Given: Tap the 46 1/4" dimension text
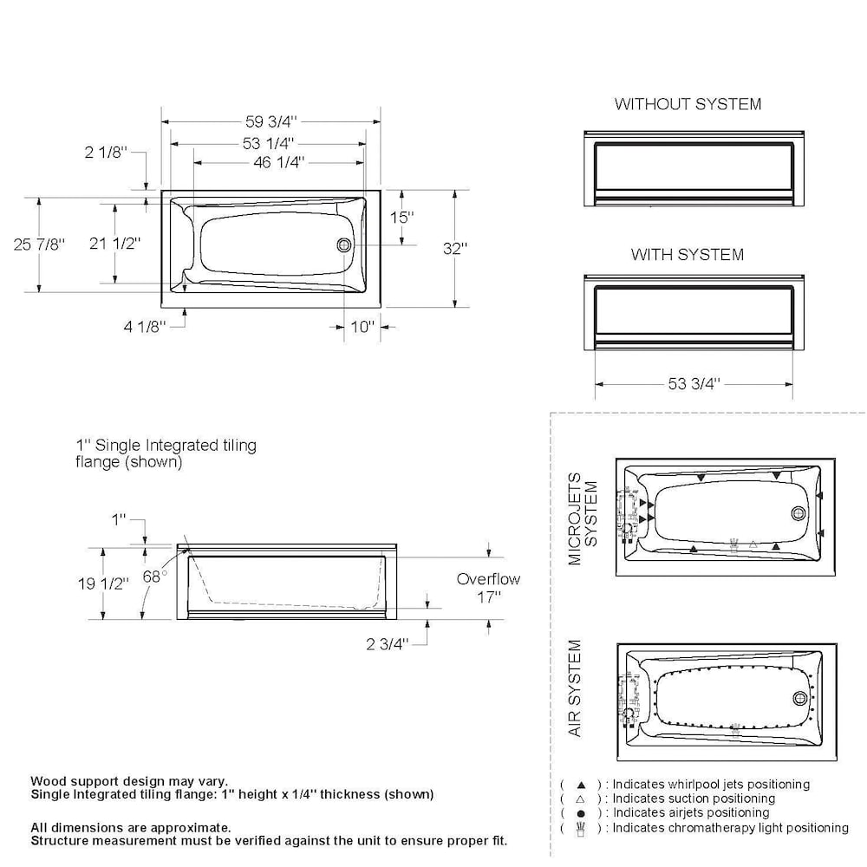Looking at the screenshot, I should point(272,162).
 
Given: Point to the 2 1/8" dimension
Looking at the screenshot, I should point(106,153).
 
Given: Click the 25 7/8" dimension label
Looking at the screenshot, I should point(39,244).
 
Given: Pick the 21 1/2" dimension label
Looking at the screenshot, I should point(115,244).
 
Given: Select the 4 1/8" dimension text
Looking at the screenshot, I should point(144,326).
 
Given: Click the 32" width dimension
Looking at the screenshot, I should point(455,248).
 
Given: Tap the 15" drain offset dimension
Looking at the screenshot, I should point(401,217).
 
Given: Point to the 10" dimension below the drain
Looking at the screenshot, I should point(362,327).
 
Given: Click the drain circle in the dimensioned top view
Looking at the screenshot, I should point(345,245).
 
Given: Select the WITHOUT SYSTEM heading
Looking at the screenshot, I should point(688,104).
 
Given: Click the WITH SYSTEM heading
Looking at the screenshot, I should point(687,255).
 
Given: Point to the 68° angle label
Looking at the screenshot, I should point(154,577).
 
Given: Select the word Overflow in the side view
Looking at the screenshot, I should point(488,579).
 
